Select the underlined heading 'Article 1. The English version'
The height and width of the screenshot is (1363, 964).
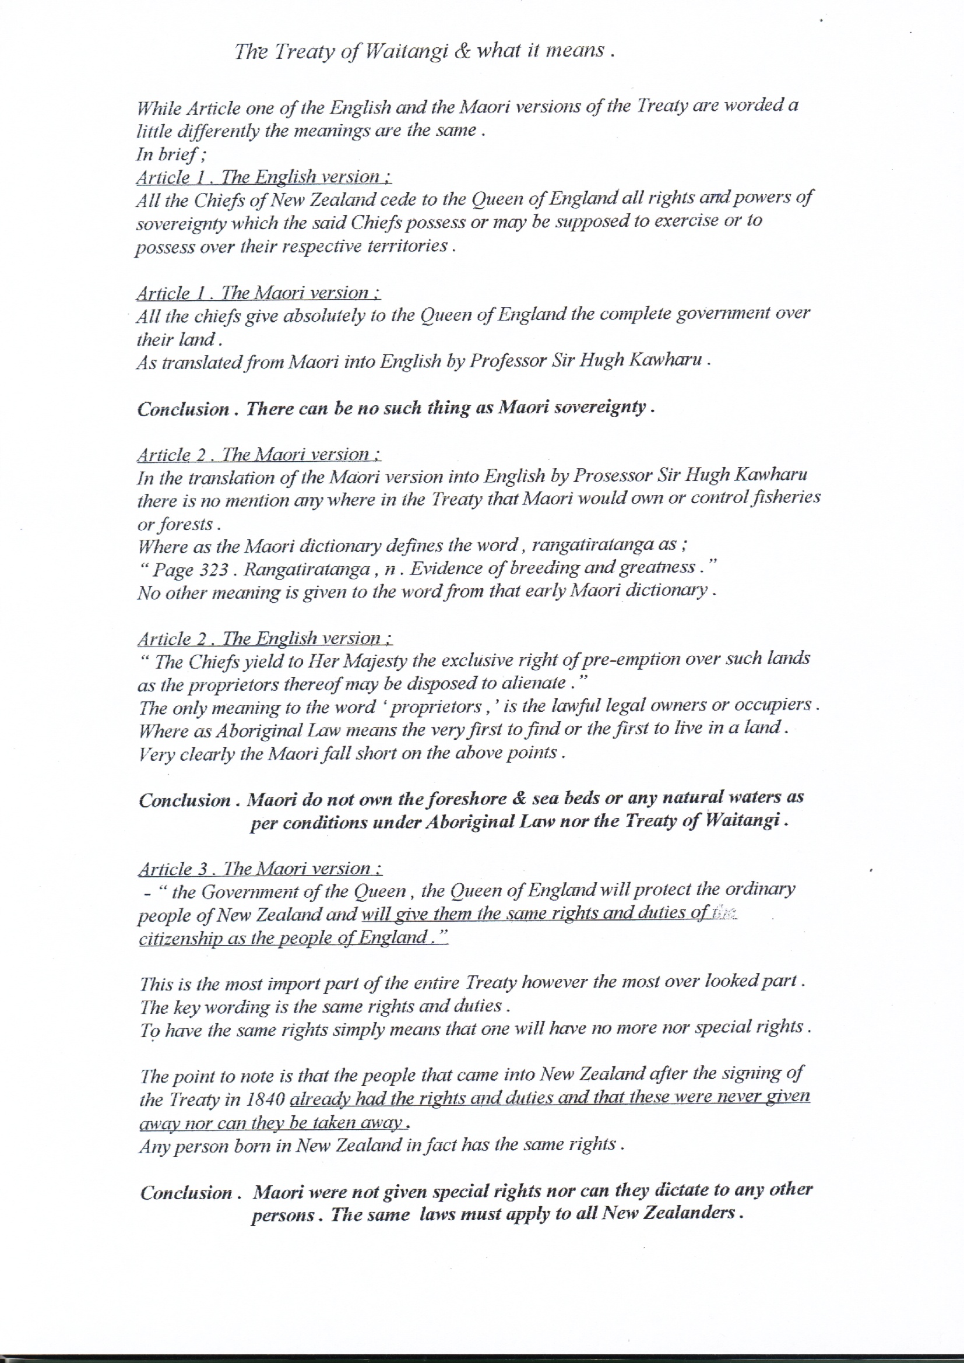[263, 177]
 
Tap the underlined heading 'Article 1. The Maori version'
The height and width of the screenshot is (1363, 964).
[258, 293]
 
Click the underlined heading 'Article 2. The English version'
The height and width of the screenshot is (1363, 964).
[265, 639]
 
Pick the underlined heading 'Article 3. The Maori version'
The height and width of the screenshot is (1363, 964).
[260, 869]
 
